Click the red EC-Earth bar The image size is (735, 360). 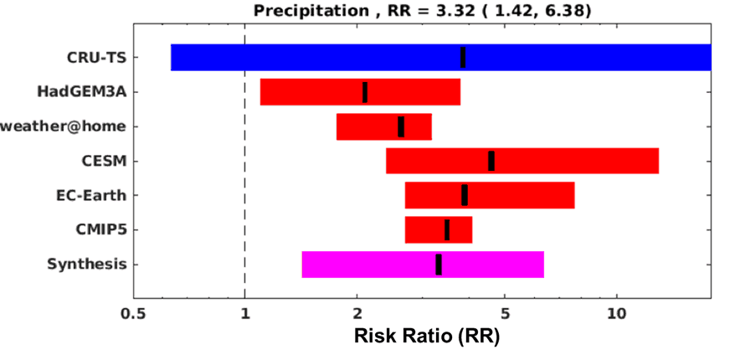pos(519,195)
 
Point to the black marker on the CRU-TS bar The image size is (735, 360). pos(463,57)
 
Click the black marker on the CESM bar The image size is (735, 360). pos(491,161)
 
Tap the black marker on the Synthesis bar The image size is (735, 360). pos(439,265)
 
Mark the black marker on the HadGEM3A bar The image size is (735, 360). pos(365,92)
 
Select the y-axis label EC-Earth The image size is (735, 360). pos(92,195)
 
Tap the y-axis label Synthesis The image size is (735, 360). pos(87,265)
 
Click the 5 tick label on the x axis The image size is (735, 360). pos(505,316)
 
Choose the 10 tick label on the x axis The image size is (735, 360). pos(617,316)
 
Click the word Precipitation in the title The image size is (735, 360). pos(306,12)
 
